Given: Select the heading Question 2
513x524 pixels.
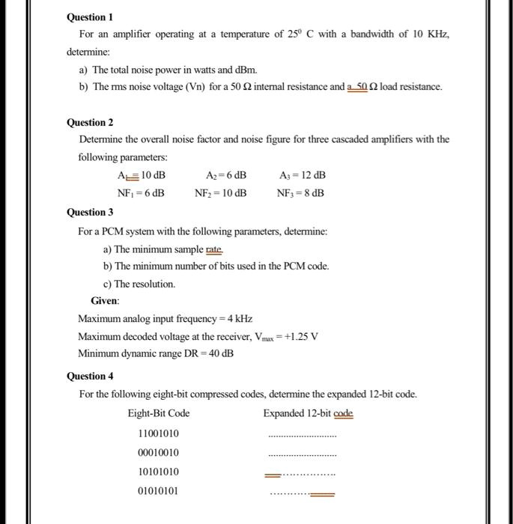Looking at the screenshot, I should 91,122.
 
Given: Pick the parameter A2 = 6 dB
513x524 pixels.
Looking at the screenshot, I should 226,175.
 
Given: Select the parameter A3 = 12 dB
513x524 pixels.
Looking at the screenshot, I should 302,175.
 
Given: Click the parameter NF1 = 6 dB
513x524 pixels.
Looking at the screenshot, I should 141,192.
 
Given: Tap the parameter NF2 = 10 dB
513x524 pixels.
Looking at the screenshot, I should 221,192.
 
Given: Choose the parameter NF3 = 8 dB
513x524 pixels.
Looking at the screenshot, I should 300,192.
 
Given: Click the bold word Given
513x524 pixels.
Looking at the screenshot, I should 105,301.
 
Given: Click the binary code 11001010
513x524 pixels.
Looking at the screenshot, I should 158,433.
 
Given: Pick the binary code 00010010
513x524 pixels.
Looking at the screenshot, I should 158,453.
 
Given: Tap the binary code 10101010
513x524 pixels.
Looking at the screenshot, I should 158,472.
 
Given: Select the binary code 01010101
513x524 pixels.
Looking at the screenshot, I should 158,492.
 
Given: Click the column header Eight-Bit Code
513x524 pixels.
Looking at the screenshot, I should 159,413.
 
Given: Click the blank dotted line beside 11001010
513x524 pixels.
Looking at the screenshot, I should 303,436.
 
